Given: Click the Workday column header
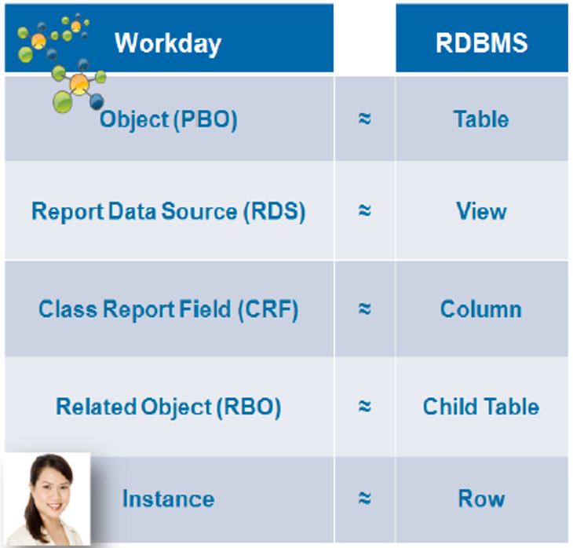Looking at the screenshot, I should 168,42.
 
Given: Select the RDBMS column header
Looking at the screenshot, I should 480,42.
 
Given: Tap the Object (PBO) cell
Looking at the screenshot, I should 168,119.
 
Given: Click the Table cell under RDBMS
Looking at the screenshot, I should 480,119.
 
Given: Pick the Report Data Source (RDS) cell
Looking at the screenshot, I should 168,211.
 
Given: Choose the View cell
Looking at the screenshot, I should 480,211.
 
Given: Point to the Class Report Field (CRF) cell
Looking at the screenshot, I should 168,309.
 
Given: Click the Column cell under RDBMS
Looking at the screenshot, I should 480,309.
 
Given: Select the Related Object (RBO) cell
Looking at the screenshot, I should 168,407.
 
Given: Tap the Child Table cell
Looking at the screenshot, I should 480,407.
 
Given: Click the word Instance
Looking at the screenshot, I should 168,499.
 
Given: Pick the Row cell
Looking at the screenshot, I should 480,499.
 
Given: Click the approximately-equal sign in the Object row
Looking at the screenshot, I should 364,120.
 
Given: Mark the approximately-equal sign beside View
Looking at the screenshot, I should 364,212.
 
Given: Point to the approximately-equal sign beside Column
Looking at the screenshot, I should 364,309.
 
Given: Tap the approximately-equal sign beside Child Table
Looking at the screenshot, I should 364,407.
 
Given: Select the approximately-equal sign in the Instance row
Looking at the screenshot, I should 364,499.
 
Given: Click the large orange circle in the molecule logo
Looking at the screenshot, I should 79,83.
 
